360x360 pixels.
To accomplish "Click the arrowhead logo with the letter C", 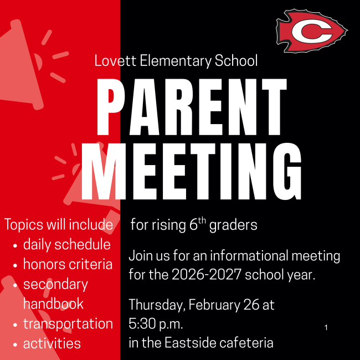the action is click(x=312, y=31).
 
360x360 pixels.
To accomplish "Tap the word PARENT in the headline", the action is click(x=192, y=107).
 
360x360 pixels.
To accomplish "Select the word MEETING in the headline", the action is click(x=191, y=171).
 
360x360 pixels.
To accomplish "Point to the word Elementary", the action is click(x=176, y=61).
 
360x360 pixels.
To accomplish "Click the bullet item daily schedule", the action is click(x=67, y=244).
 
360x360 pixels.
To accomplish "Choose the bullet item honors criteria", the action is click(x=68, y=264).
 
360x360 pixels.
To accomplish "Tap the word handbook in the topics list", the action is click(x=53, y=304).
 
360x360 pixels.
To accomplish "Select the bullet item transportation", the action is click(x=68, y=324).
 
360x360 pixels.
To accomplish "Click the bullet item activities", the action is click(x=52, y=343).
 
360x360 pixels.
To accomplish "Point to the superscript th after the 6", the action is click(x=202, y=221).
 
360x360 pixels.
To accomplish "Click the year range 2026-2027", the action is click(x=207, y=274).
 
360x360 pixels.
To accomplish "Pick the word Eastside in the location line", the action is click(x=191, y=343).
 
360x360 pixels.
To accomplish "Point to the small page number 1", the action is click(x=326, y=328).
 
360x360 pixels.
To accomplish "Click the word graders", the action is click(x=233, y=225).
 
